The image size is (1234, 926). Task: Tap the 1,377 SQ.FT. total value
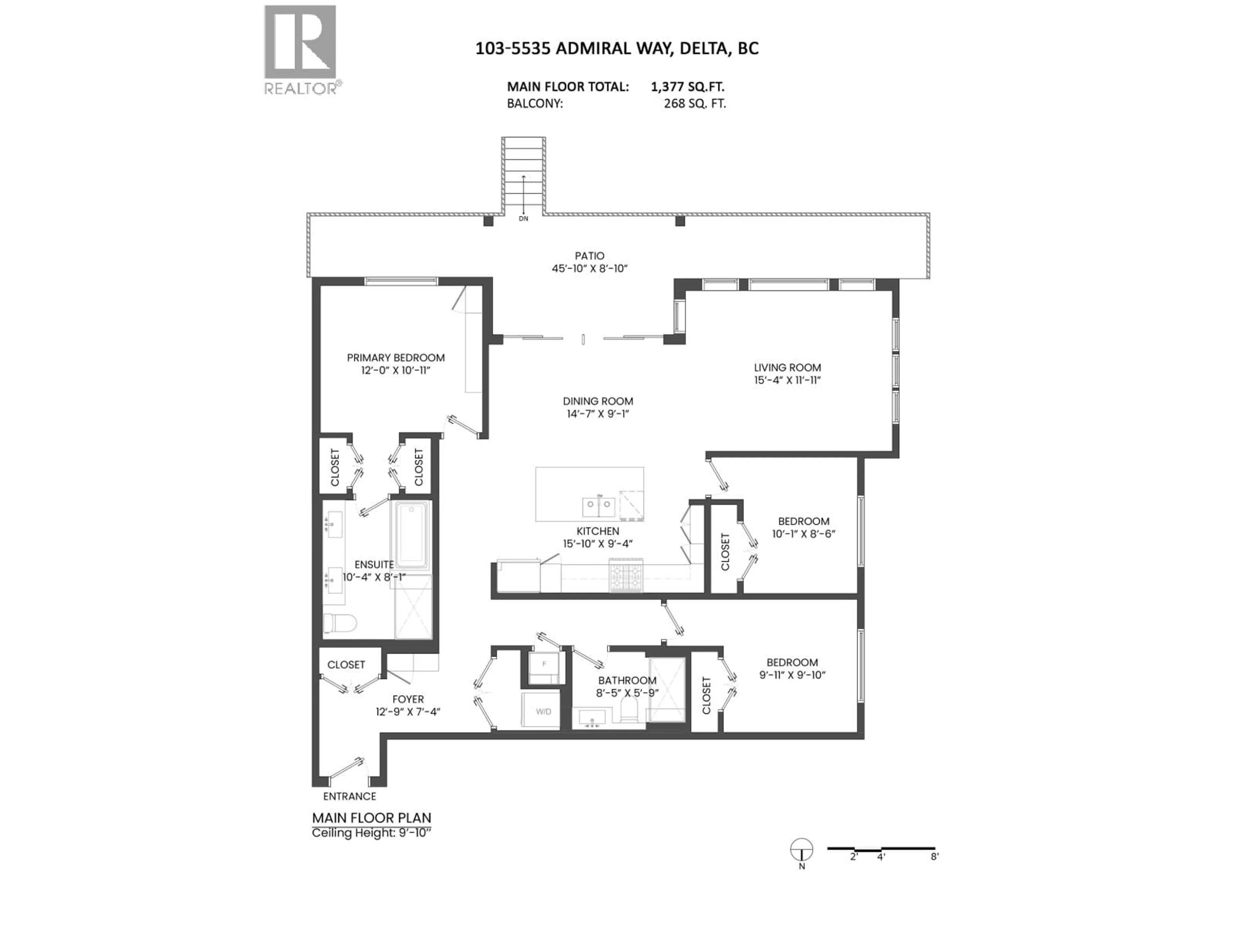[x=687, y=86]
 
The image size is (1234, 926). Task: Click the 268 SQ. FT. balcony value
[x=694, y=103]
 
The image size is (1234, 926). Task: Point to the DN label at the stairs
[x=523, y=219]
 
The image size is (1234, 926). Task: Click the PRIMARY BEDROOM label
[x=396, y=358]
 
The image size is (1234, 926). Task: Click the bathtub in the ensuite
[x=412, y=534]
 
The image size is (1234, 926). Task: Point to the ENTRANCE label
[x=350, y=796]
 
